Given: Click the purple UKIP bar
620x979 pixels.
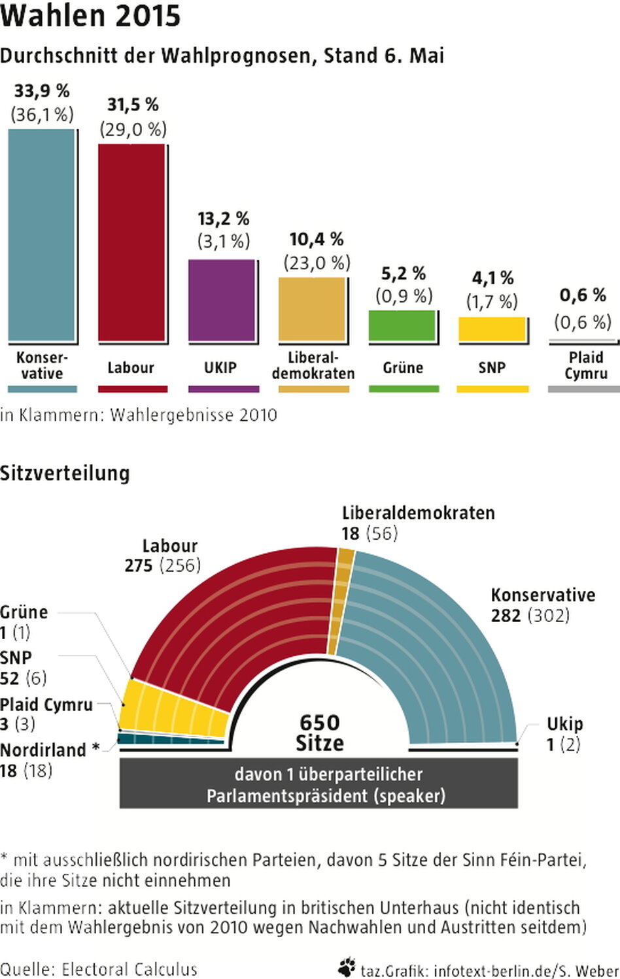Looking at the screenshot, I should (221, 300).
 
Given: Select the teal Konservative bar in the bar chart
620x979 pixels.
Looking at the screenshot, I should (42, 235).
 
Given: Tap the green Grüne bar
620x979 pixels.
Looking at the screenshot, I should (402, 325).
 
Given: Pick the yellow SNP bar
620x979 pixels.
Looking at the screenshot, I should (491, 329).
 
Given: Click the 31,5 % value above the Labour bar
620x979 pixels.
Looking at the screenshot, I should (133, 105).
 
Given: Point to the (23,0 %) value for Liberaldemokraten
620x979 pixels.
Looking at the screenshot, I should (317, 263).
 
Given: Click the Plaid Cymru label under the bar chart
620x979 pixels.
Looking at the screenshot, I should (585, 365).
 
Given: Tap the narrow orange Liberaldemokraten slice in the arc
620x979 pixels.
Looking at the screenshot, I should (341, 601).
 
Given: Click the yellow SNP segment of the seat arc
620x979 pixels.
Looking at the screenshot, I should (173, 709).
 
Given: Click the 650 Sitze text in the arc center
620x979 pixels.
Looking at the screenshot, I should (320, 733).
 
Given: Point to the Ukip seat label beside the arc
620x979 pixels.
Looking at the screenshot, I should (564, 724).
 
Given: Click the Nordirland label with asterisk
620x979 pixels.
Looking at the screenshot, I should (50, 750).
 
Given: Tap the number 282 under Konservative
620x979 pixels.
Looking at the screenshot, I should (506, 616).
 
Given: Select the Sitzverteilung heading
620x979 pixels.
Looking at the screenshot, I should (65, 473).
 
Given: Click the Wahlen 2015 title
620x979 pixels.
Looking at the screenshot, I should (90, 16).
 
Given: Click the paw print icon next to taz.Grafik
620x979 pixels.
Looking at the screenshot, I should (347, 967).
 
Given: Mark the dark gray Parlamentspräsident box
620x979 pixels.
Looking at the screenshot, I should (319, 784).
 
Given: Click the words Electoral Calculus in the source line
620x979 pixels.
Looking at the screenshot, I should (129, 969).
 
